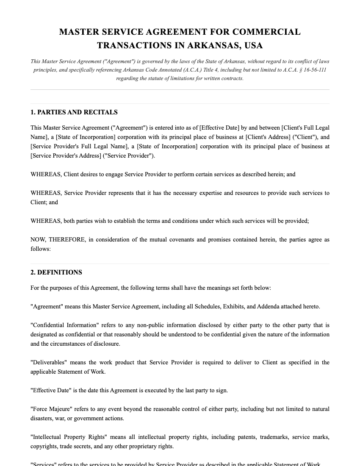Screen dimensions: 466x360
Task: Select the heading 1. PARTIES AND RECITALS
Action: tap(74, 112)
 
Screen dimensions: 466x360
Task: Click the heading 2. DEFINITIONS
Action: tap(56, 272)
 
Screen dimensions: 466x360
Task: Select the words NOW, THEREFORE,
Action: tap(58, 239)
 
